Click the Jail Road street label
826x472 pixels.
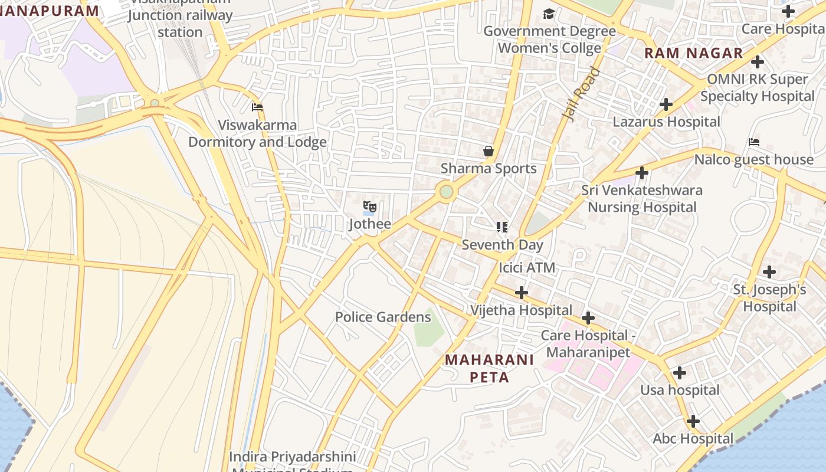coord(582,94)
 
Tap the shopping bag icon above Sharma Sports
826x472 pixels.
coord(489,152)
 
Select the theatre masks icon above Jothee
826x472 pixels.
coord(370,206)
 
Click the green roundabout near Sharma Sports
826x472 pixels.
coord(447,192)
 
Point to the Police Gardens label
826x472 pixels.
coord(383,317)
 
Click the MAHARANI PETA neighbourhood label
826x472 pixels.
coord(489,368)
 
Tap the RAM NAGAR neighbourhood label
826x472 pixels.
coord(693,53)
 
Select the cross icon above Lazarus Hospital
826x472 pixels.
coord(666,104)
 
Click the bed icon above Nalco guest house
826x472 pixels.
coord(753,142)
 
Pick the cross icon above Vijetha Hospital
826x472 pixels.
coord(522,293)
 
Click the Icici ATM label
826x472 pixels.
coord(527,267)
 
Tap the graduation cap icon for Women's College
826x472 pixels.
coord(549,14)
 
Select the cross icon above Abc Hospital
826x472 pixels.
coord(693,421)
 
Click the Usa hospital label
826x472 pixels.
coord(680,390)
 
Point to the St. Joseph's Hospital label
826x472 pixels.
coord(769,298)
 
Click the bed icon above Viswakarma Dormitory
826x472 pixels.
coord(257,107)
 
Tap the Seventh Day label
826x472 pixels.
coord(502,244)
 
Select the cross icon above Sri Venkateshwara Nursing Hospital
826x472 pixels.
coord(642,173)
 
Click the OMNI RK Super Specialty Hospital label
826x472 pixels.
coord(757,87)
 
